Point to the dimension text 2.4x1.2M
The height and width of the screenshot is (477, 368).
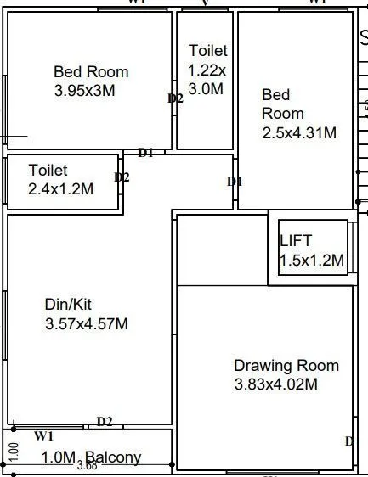click(x=60, y=189)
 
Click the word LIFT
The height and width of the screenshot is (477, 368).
click(x=296, y=241)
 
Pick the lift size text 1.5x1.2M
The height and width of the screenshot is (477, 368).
click(x=312, y=261)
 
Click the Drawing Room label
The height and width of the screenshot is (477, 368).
click(x=286, y=366)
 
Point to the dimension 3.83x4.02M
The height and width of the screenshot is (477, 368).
click(x=276, y=384)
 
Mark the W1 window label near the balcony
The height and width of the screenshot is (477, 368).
click(x=44, y=436)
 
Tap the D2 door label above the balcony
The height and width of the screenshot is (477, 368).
click(x=105, y=422)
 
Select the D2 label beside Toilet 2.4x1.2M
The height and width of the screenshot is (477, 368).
click(x=122, y=177)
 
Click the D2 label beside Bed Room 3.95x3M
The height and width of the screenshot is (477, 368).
click(x=175, y=98)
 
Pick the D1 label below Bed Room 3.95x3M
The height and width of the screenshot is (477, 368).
click(x=145, y=153)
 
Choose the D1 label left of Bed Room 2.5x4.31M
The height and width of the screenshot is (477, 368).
click(x=235, y=182)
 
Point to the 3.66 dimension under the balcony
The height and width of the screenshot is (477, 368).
click(x=86, y=466)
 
